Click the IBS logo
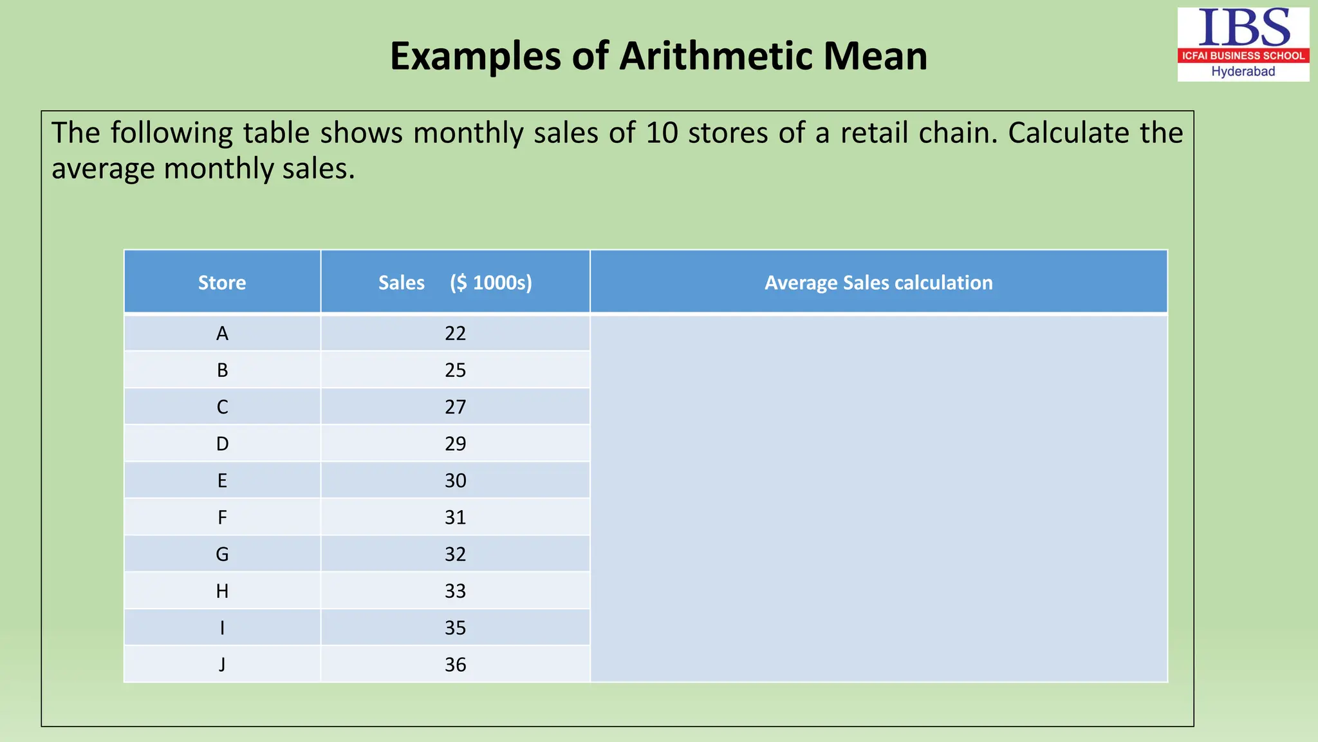[x=1243, y=29]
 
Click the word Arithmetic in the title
[x=716, y=56]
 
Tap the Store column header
[x=222, y=283]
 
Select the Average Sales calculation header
[x=878, y=283]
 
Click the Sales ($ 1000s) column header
[x=455, y=283]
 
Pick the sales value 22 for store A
[x=455, y=334]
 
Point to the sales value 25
[x=455, y=370]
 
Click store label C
[x=222, y=407]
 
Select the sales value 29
[x=455, y=444]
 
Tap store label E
[x=222, y=480]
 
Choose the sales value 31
[x=455, y=517]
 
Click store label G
[x=222, y=554]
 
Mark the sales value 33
[x=455, y=591]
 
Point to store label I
[x=222, y=628]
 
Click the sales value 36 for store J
[x=455, y=665]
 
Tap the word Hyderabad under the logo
[x=1243, y=71]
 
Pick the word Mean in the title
[x=875, y=56]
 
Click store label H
[x=222, y=591]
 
